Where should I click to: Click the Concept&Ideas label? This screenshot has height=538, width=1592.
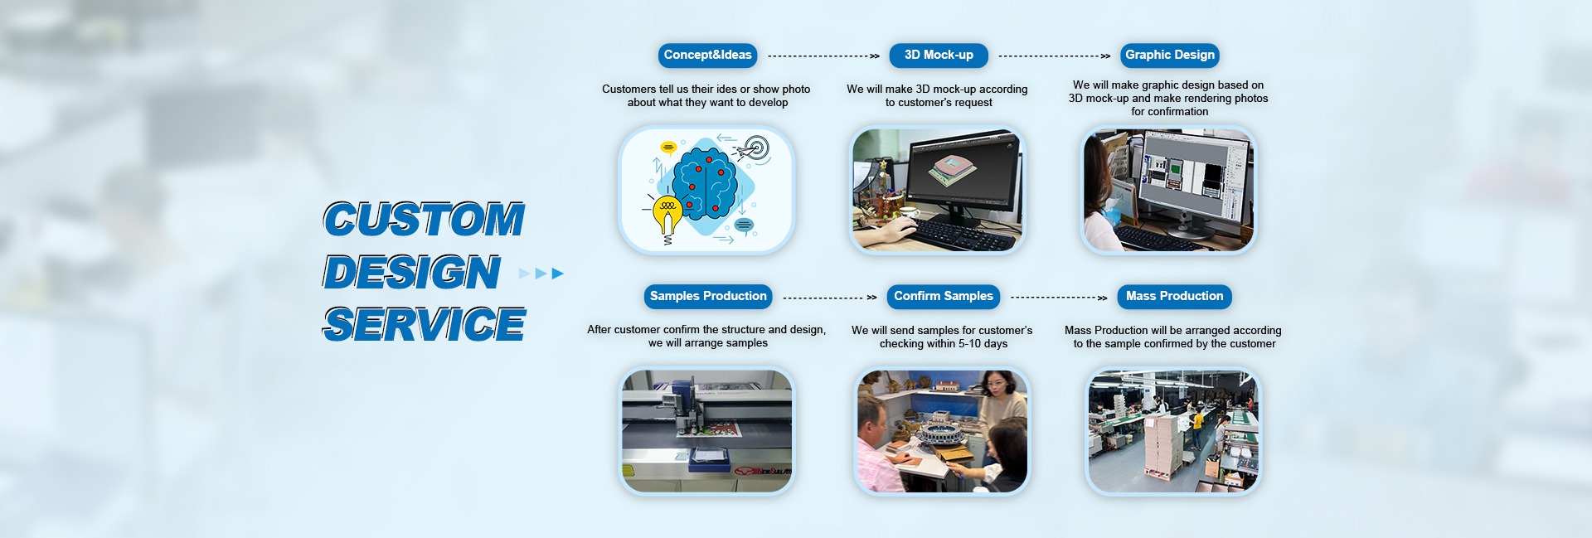point(707,56)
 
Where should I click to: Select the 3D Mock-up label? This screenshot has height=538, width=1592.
point(939,56)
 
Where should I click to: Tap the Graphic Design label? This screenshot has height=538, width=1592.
point(1170,56)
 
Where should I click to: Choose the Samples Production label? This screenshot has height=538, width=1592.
point(708,297)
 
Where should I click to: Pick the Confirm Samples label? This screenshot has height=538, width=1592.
point(944,297)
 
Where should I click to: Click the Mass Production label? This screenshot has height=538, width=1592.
point(1174,297)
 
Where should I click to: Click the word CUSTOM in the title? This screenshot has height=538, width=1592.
point(424,220)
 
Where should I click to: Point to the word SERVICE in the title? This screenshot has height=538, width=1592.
point(424,324)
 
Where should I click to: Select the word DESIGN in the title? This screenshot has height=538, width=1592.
point(412,272)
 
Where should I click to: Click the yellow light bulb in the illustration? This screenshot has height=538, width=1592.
point(667,216)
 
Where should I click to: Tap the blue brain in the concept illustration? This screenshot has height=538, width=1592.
point(704,183)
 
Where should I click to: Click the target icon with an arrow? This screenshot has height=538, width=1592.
point(752,149)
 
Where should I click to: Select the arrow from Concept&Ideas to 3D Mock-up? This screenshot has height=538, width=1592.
point(823,56)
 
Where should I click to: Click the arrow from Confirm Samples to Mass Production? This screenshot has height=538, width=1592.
point(1059,298)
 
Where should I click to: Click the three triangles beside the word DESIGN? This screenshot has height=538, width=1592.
point(541,274)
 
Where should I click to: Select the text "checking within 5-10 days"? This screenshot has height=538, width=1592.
point(944,344)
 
